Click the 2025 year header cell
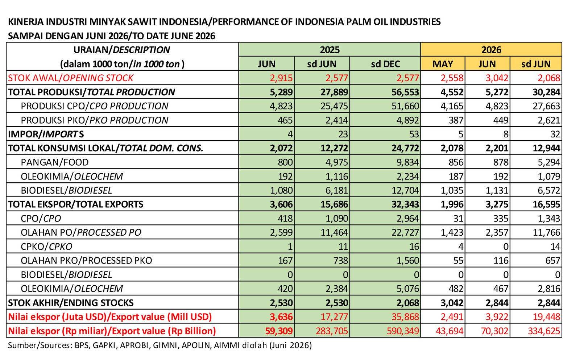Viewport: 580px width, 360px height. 330,49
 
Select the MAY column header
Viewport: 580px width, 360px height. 443,64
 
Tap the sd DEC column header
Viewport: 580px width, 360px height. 385,64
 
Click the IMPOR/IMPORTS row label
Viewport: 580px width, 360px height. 46,134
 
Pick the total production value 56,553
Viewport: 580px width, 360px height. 405,92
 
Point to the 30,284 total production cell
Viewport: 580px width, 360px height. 546,92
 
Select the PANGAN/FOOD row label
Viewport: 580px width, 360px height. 55,162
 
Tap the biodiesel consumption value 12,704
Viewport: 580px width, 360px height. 405,190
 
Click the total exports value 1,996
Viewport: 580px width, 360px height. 452,204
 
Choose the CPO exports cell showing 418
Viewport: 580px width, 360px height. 285,218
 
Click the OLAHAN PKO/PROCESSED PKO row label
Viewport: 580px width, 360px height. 86,260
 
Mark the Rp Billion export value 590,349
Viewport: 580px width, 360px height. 403,331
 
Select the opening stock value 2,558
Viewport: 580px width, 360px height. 452,78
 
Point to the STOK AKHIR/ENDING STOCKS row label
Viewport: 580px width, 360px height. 71,302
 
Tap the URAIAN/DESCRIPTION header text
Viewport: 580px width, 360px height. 122,49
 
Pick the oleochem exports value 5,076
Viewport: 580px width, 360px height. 407,289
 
